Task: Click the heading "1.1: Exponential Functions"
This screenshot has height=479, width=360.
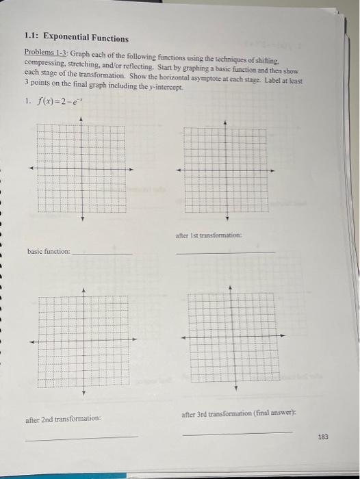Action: (76, 38)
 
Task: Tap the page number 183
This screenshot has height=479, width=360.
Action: (322, 436)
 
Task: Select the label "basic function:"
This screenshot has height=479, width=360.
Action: (49, 251)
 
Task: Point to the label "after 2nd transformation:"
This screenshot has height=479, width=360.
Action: (63, 417)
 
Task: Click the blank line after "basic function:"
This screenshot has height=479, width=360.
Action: (103, 255)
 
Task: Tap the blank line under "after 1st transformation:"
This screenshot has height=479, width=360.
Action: (225, 254)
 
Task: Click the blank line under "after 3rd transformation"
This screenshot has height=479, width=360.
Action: (237, 432)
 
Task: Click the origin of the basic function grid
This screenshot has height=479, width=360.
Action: (82, 168)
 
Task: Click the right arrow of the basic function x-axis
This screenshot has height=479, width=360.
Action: (131, 168)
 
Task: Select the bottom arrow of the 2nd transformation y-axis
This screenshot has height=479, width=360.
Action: (85, 393)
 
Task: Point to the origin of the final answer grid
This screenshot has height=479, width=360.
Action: (235, 336)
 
